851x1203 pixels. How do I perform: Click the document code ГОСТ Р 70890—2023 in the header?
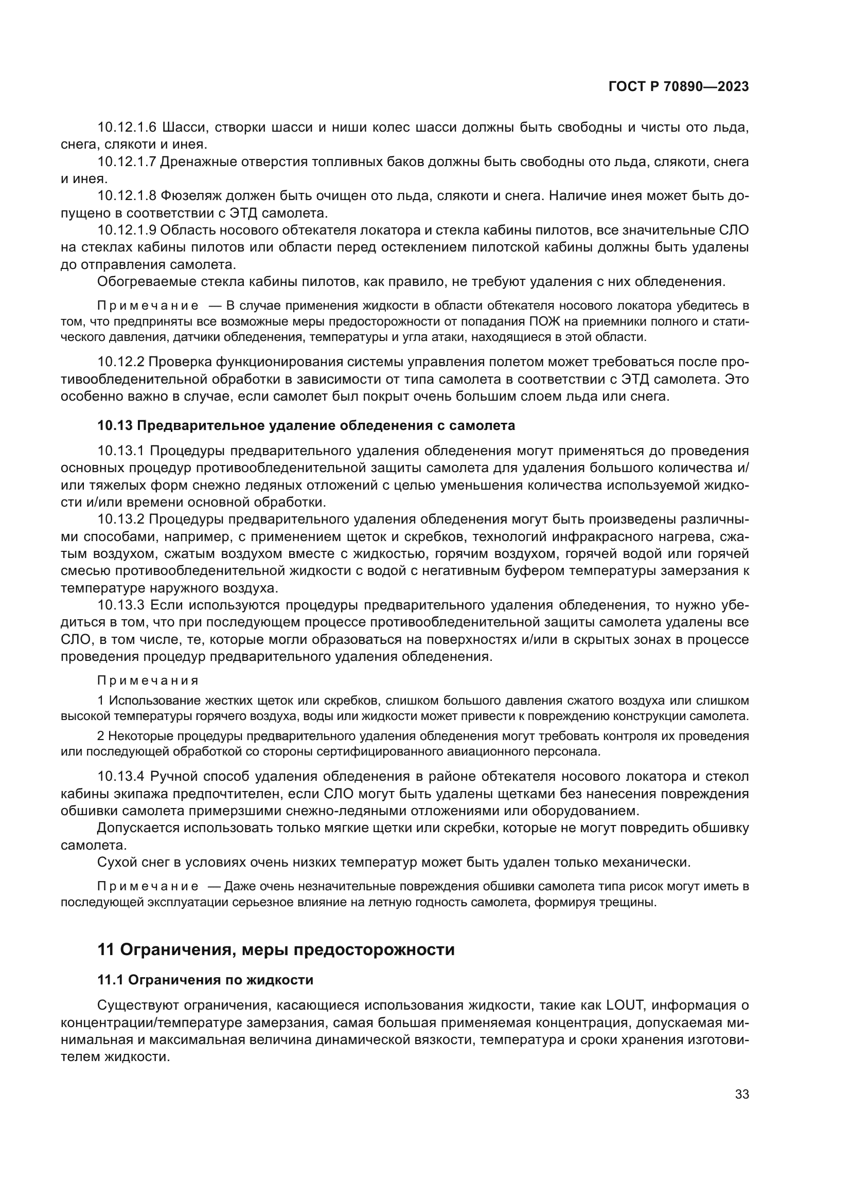click(x=678, y=87)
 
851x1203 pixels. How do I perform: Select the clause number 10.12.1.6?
click(x=127, y=128)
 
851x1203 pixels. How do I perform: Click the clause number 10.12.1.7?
click(x=127, y=162)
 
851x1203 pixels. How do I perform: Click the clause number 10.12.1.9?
click(x=127, y=230)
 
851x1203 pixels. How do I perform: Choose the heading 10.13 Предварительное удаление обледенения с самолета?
click(x=306, y=425)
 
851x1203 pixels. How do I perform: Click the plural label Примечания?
click(x=148, y=681)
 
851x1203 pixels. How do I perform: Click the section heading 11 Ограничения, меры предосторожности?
click(x=276, y=949)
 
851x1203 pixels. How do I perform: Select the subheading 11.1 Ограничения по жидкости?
click(x=205, y=980)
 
